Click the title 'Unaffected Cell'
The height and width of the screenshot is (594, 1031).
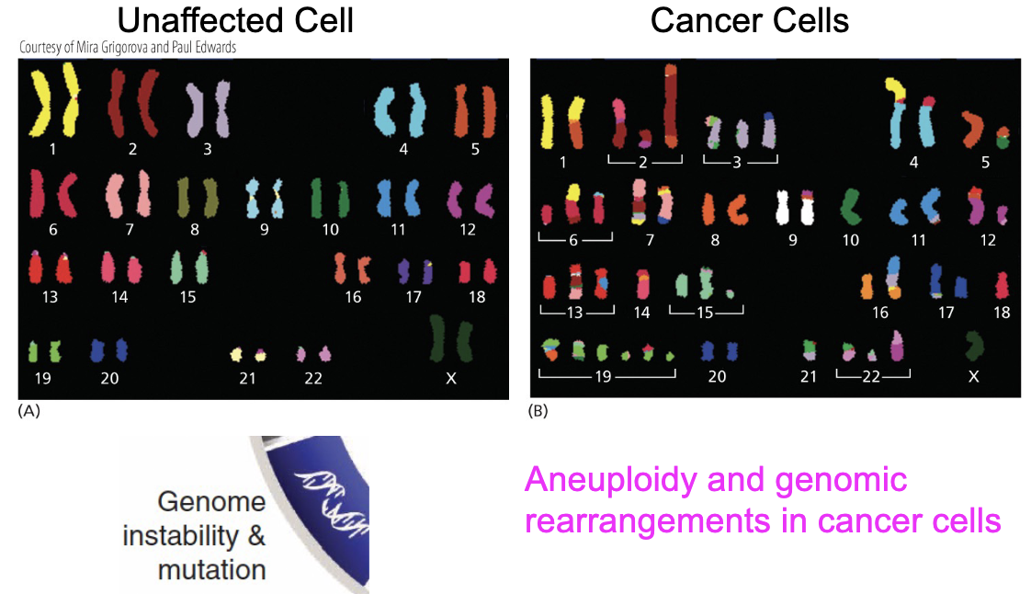(x=234, y=20)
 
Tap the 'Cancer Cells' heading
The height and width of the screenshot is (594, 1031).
(x=750, y=20)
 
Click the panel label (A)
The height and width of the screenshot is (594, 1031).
(x=28, y=410)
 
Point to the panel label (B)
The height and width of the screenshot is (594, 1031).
(x=538, y=410)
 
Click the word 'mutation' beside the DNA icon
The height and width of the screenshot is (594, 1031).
(x=211, y=570)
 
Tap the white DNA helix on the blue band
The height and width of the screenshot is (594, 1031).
(x=333, y=500)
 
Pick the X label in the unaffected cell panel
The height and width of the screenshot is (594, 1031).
(x=451, y=378)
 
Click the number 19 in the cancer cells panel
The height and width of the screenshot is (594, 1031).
(x=603, y=376)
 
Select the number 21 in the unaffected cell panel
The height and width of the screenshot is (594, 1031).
(x=247, y=378)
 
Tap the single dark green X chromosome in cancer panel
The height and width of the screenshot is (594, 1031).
(x=974, y=346)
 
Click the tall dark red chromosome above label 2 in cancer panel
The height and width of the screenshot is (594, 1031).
(x=670, y=105)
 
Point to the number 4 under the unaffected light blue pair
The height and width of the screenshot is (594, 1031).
(x=403, y=149)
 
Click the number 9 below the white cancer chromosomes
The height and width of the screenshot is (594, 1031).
(x=793, y=240)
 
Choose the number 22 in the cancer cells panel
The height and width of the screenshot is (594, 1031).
(x=871, y=376)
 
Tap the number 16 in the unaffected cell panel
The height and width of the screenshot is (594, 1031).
(x=353, y=297)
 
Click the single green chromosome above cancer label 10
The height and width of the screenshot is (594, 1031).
(x=850, y=207)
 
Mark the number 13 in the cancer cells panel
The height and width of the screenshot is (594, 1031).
(x=574, y=313)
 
